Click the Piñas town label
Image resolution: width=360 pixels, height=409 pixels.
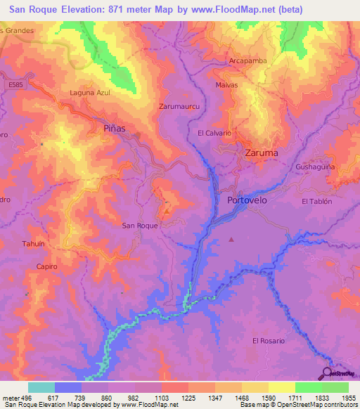[x=114, y=129]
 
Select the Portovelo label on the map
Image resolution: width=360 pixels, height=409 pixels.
[x=250, y=200]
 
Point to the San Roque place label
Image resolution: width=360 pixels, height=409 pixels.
[x=140, y=226]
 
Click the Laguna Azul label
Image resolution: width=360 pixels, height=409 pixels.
[x=91, y=93]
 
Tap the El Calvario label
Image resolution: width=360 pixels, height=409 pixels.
[x=214, y=133]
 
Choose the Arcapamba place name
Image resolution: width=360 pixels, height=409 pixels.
[x=248, y=61]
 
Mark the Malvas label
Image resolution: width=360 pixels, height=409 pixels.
[x=226, y=85]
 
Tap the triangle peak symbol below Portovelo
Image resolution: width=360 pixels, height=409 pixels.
[x=231, y=240]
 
